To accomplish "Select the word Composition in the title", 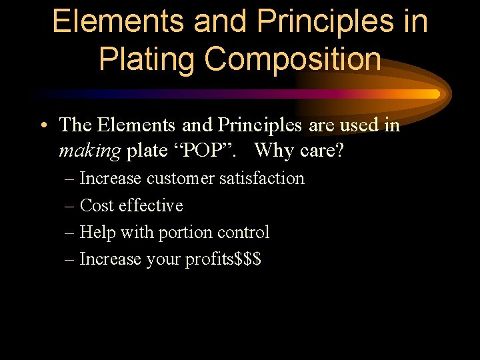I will (293, 59).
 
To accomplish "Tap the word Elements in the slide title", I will (117, 22).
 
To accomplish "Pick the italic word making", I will (90, 151).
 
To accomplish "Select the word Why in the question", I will (273, 151).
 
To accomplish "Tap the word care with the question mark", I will (321, 151).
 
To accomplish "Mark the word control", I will (245, 232).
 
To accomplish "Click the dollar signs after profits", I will (248, 259).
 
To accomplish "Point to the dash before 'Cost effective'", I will (70, 205).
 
